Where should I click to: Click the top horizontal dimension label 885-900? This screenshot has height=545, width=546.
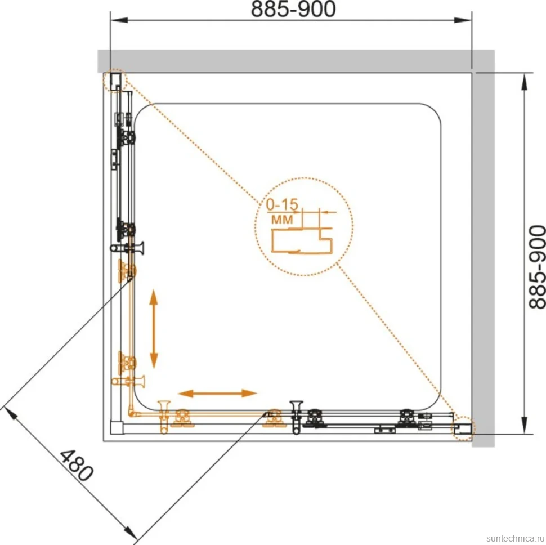tap(293, 9)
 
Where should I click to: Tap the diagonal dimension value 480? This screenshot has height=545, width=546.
tap(77, 466)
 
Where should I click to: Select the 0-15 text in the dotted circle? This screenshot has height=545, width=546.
tap(282, 204)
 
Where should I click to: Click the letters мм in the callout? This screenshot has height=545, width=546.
tap(281, 220)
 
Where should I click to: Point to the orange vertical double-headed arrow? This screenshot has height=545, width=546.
tap(154, 329)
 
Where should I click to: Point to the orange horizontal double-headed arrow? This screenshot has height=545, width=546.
tap(217, 394)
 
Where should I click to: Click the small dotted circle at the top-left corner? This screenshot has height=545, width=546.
tap(114, 80)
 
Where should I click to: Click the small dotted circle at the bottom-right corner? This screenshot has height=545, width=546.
tap(463, 428)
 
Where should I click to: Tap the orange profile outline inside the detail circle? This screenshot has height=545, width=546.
tap(302, 240)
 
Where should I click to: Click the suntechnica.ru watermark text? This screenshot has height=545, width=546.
tap(516, 538)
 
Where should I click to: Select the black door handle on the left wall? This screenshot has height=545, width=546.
tap(127, 248)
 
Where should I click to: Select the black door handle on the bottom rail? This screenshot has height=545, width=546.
tap(296, 417)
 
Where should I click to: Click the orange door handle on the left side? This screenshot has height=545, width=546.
tap(128, 381)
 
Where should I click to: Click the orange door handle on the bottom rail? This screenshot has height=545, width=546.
tap(164, 417)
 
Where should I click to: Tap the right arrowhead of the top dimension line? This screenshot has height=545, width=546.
tap(463, 20)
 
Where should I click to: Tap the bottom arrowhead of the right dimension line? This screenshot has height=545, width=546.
tap(524, 425)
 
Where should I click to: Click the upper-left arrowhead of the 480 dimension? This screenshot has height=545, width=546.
tap(10, 414)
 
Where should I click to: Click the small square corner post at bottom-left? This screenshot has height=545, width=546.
tap(117, 428)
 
